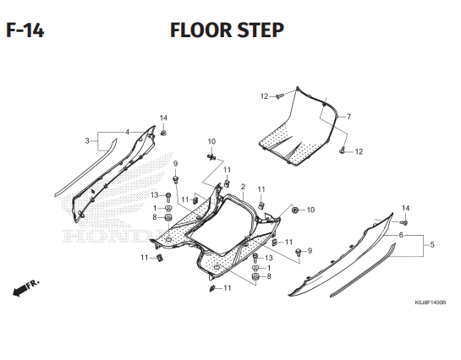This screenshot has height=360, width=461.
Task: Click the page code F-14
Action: tap(25, 31)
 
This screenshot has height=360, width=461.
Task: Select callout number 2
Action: tap(243, 187)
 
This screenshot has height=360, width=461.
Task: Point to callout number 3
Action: tap(86, 140)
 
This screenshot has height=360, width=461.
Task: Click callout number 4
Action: tap(127, 132)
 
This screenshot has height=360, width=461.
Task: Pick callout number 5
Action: tap(432, 245)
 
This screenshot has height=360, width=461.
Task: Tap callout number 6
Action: tap(401, 235)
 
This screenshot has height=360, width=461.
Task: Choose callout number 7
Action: tap(348, 116)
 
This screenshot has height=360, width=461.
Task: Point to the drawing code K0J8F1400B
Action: tap(430, 302)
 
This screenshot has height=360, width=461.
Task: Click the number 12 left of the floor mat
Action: tap(264, 96)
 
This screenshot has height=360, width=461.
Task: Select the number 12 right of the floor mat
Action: tap(359, 152)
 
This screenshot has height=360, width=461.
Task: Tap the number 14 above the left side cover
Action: tap(163, 117)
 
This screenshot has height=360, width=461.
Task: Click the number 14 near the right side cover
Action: tap(405, 208)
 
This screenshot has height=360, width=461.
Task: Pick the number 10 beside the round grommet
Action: tap(310, 210)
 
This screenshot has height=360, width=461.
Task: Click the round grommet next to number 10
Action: tap(295, 209)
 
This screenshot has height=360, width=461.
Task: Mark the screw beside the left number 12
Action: tap(277, 97)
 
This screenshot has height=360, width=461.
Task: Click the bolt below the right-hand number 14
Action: tap(404, 221)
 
